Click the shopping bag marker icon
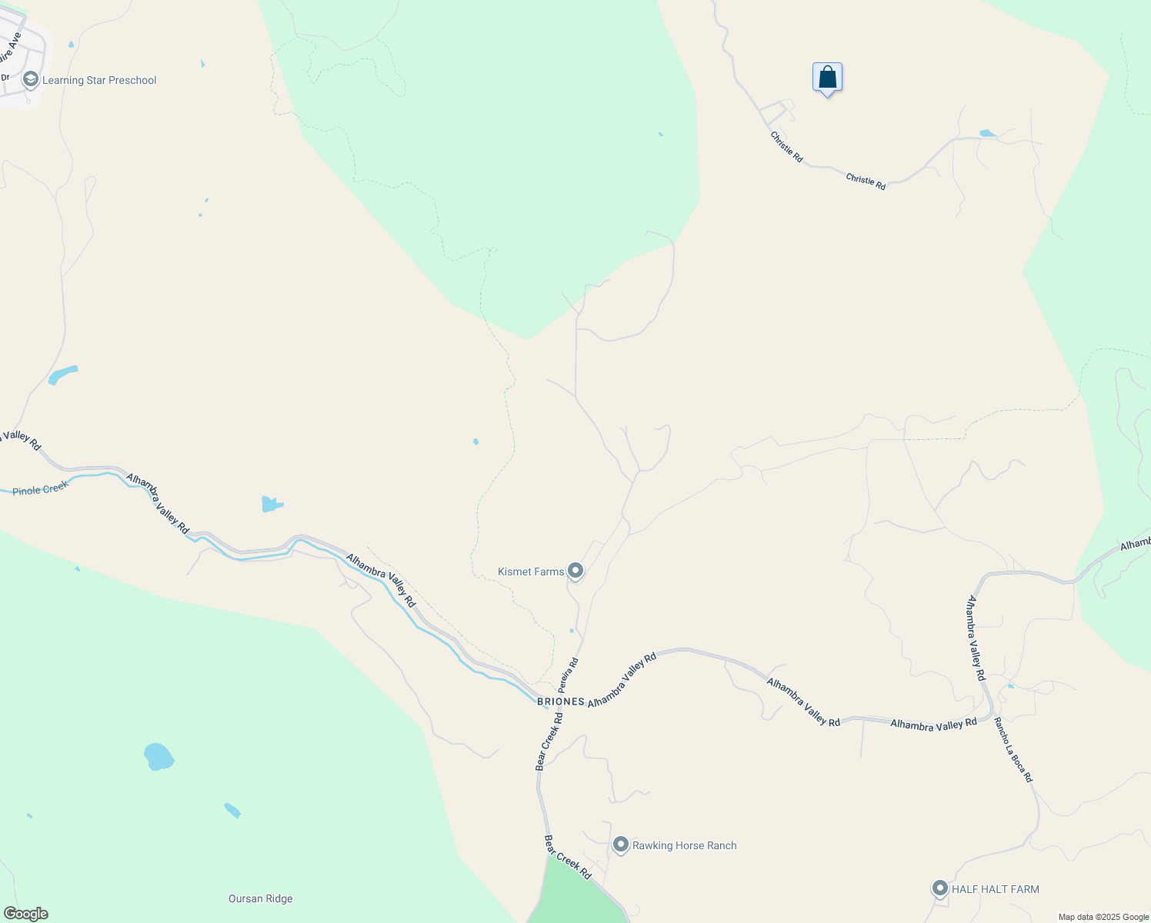pos(827,78)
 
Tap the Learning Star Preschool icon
pos(31,79)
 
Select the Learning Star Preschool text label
pos(99,80)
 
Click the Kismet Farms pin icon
pos(575,571)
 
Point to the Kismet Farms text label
pos(531,571)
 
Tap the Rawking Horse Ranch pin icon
pos(621,845)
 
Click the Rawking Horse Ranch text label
pos(684,845)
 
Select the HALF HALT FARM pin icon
pos(939,888)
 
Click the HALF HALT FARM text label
pos(995,889)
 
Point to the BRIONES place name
pos(561,701)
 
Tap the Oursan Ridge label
pos(260,898)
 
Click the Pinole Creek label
pos(40,488)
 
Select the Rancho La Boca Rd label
pos(1013,750)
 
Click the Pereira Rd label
pos(569,674)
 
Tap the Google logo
pos(25,914)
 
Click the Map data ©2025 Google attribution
pos(1103,917)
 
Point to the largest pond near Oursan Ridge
pos(158,756)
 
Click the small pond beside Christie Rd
pos(987,134)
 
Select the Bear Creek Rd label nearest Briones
pos(549,741)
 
